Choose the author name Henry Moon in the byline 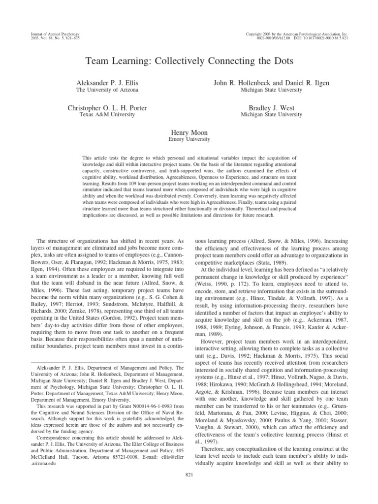pyautogui.click(x=189, y=132)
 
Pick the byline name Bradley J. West pyautogui.click(x=271, y=108)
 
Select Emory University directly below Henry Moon pyautogui.click(x=189, y=139)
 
